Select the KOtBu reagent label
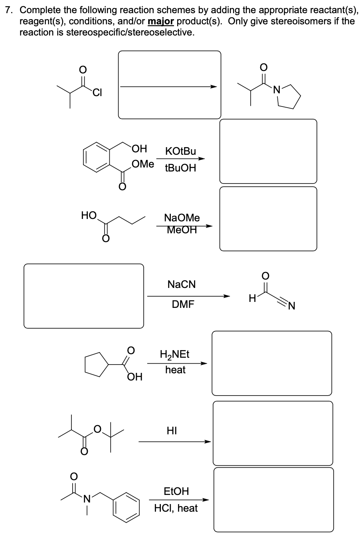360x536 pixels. tap(180, 151)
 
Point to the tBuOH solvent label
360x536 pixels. tap(180, 168)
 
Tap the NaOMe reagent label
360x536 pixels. tap(182, 218)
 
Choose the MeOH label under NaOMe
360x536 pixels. tap(182, 230)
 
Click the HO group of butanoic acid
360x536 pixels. tap(88, 216)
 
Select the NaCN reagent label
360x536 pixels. tap(182, 284)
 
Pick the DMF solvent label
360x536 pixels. tap(183, 305)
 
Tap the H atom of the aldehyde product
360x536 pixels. tap(251, 298)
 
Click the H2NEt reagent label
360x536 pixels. tap(175, 354)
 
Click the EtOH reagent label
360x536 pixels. tap(176, 491)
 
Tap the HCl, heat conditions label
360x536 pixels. tap(176, 508)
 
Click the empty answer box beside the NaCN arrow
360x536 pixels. tap(84, 296)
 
